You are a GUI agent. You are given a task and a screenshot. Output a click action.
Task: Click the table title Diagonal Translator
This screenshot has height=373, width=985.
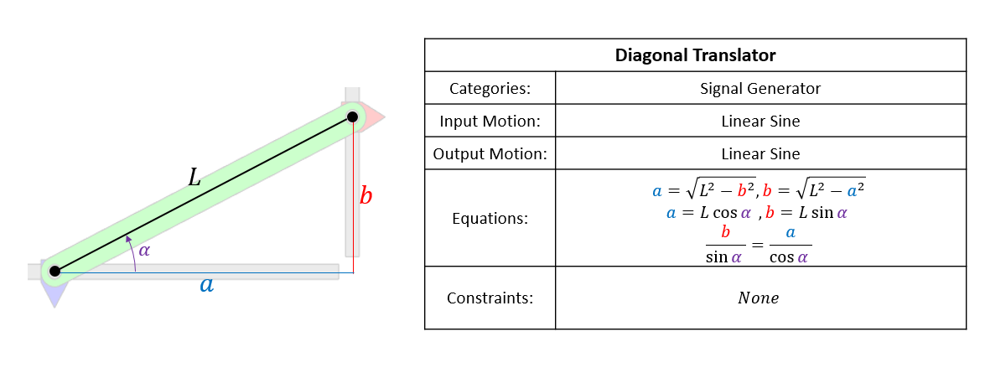(x=695, y=56)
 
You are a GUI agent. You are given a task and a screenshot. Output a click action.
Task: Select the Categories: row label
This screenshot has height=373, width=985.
(x=490, y=88)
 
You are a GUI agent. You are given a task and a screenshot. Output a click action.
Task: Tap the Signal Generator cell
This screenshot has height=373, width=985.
(x=760, y=88)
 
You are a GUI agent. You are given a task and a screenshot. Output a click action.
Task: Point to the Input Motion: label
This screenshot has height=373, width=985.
(x=490, y=121)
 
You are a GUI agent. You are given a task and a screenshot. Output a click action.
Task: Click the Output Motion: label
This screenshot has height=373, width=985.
(x=490, y=154)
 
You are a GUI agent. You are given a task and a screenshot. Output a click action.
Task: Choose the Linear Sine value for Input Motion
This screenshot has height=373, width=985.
(x=760, y=121)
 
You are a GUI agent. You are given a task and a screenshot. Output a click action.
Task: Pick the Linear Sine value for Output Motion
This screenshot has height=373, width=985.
(x=760, y=154)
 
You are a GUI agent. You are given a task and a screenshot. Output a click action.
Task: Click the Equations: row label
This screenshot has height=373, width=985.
(x=490, y=219)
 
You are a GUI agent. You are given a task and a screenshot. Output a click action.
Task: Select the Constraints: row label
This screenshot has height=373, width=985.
(x=490, y=298)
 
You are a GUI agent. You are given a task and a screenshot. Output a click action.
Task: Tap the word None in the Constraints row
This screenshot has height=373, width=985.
(x=758, y=298)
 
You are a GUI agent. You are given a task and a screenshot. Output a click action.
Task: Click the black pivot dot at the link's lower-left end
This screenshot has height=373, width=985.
(x=54, y=271)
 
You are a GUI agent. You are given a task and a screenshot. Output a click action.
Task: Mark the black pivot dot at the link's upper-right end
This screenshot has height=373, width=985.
(x=353, y=117)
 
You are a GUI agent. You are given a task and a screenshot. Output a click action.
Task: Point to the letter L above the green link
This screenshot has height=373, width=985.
(x=194, y=178)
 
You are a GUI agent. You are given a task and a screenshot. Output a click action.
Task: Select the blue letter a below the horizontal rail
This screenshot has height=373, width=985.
(x=206, y=285)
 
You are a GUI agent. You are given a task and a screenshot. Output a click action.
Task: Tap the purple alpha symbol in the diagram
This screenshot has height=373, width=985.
(x=144, y=250)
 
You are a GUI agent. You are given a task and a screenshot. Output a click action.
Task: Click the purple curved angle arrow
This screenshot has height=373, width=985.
(x=132, y=254)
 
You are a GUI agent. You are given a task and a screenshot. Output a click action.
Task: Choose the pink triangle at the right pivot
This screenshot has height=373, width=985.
(x=374, y=117)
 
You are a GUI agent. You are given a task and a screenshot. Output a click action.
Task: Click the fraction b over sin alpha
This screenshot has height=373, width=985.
(x=725, y=244)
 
